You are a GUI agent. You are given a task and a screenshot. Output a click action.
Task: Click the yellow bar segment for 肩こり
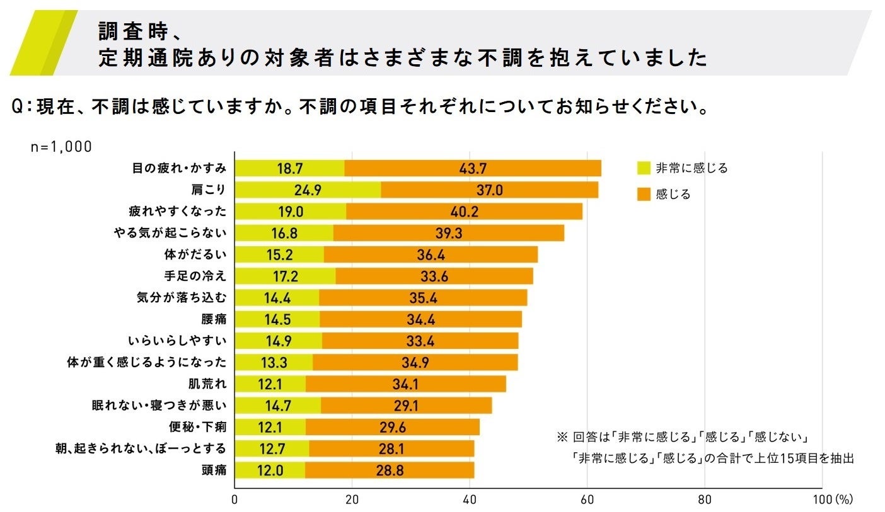(x=308, y=190)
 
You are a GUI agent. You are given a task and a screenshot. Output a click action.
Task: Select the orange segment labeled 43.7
(x=473, y=169)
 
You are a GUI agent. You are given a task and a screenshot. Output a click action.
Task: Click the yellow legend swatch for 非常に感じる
(x=643, y=168)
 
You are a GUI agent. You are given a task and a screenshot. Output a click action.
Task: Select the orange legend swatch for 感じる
(x=643, y=195)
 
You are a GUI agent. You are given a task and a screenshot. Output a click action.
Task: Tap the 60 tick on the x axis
(x=587, y=500)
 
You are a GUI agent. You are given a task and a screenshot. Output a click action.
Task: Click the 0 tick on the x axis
(x=235, y=500)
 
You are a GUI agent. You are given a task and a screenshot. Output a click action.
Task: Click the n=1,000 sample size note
(x=61, y=147)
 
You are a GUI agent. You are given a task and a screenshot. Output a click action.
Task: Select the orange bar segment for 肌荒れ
(x=405, y=384)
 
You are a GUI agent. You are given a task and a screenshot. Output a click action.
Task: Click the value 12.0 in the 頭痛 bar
(x=270, y=470)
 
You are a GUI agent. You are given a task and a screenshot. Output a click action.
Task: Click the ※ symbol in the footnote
(x=562, y=436)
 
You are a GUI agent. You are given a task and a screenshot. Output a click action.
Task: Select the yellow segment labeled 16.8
(x=284, y=233)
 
